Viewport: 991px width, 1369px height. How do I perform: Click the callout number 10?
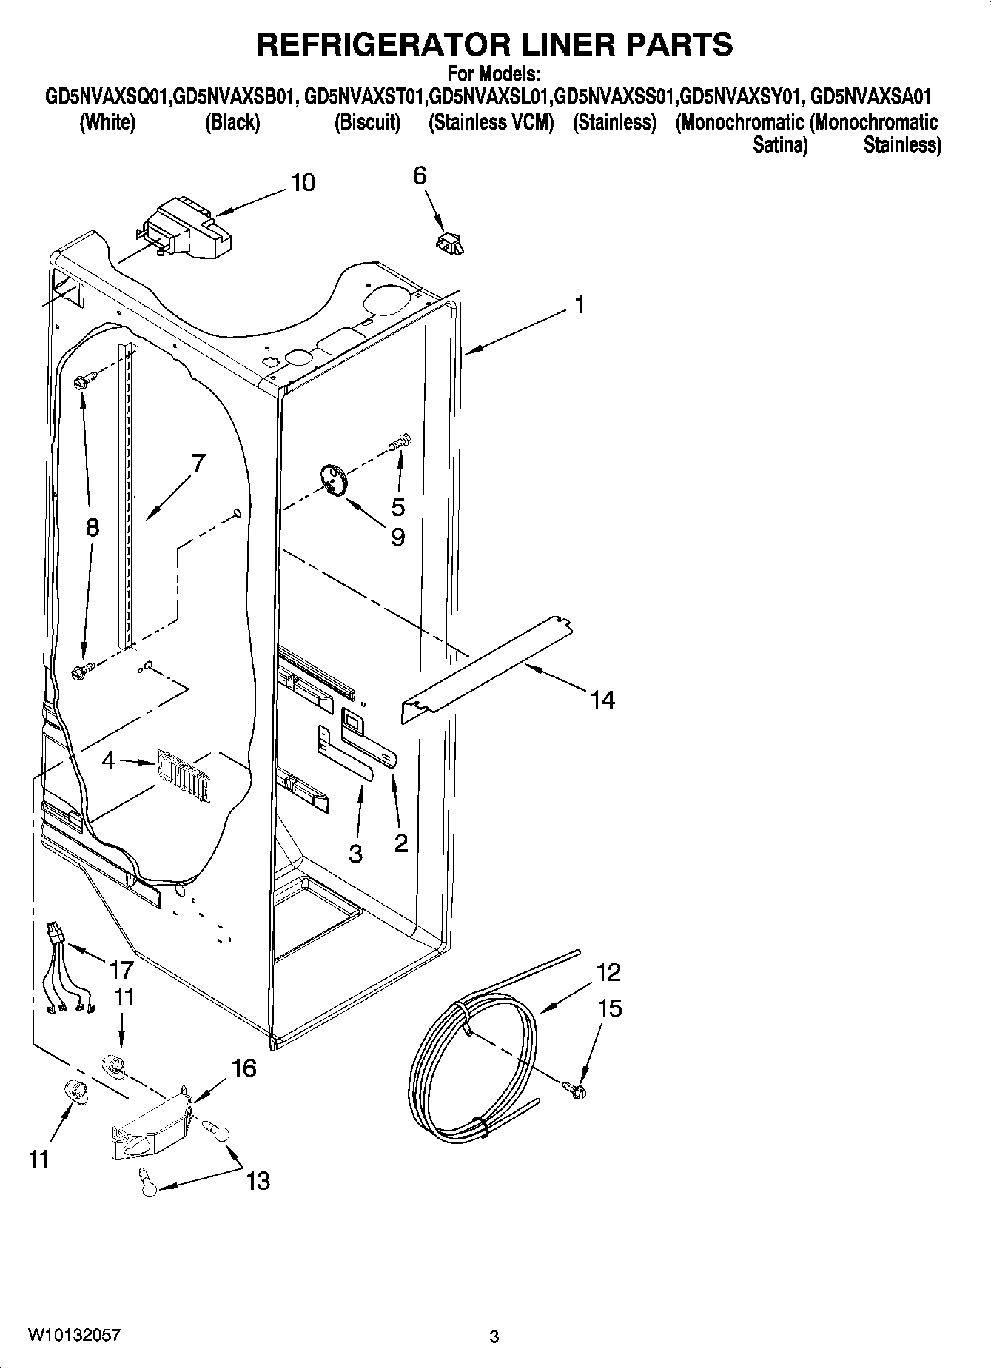click(x=303, y=182)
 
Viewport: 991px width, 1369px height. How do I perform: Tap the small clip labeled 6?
click(x=449, y=242)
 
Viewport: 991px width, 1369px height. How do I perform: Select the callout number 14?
click(x=602, y=699)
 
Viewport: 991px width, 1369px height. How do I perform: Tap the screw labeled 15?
click(x=575, y=1088)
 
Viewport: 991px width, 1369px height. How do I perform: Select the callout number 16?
click(x=243, y=1068)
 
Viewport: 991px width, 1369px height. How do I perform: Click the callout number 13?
click(x=258, y=1180)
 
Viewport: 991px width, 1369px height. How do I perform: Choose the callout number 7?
click(x=198, y=463)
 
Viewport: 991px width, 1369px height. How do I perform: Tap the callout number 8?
click(x=92, y=527)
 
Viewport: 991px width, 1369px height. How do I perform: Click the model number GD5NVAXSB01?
click(x=235, y=97)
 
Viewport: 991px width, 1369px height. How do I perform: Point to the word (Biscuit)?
click(x=367, y=122)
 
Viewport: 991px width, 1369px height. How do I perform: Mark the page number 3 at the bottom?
click(x=494, y=1336)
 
